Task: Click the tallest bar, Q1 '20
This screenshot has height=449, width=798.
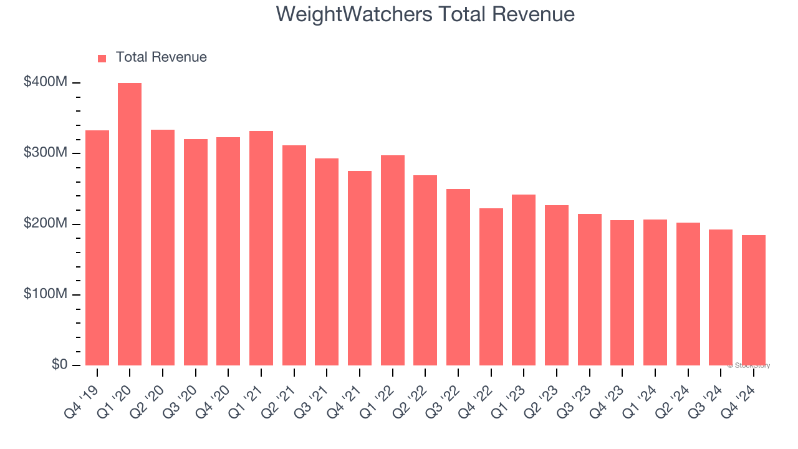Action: [130, 224]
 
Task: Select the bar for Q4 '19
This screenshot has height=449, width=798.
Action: [97, 248]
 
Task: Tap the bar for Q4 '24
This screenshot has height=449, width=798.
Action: [753, 300]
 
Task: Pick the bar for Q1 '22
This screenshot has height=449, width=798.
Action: [392, 261]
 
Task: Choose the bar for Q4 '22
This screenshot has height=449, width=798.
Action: [491, 287]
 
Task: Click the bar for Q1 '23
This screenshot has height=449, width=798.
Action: [524, 280]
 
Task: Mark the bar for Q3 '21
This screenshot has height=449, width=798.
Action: [327, 262]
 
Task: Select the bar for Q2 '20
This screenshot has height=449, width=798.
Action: [163, 248]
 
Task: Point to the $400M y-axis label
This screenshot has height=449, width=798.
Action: [46, 82]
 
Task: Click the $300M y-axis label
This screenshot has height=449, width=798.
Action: [46, 153]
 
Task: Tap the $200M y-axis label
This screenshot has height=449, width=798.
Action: [46, 223]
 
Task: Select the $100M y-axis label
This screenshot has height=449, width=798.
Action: [46, 294]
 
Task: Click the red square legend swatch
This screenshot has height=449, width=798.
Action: [102, 58]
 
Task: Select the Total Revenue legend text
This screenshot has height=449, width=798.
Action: [161, 57]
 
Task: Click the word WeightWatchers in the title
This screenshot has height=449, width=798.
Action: [353, 14]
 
